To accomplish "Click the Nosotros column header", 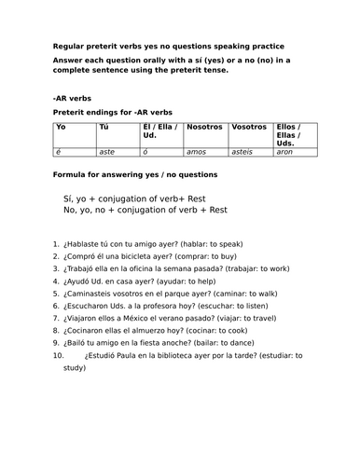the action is [205, 126].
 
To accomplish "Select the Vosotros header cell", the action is [249, 126].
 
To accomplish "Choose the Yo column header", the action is [62, 126].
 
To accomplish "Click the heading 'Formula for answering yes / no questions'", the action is [135, 175].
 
